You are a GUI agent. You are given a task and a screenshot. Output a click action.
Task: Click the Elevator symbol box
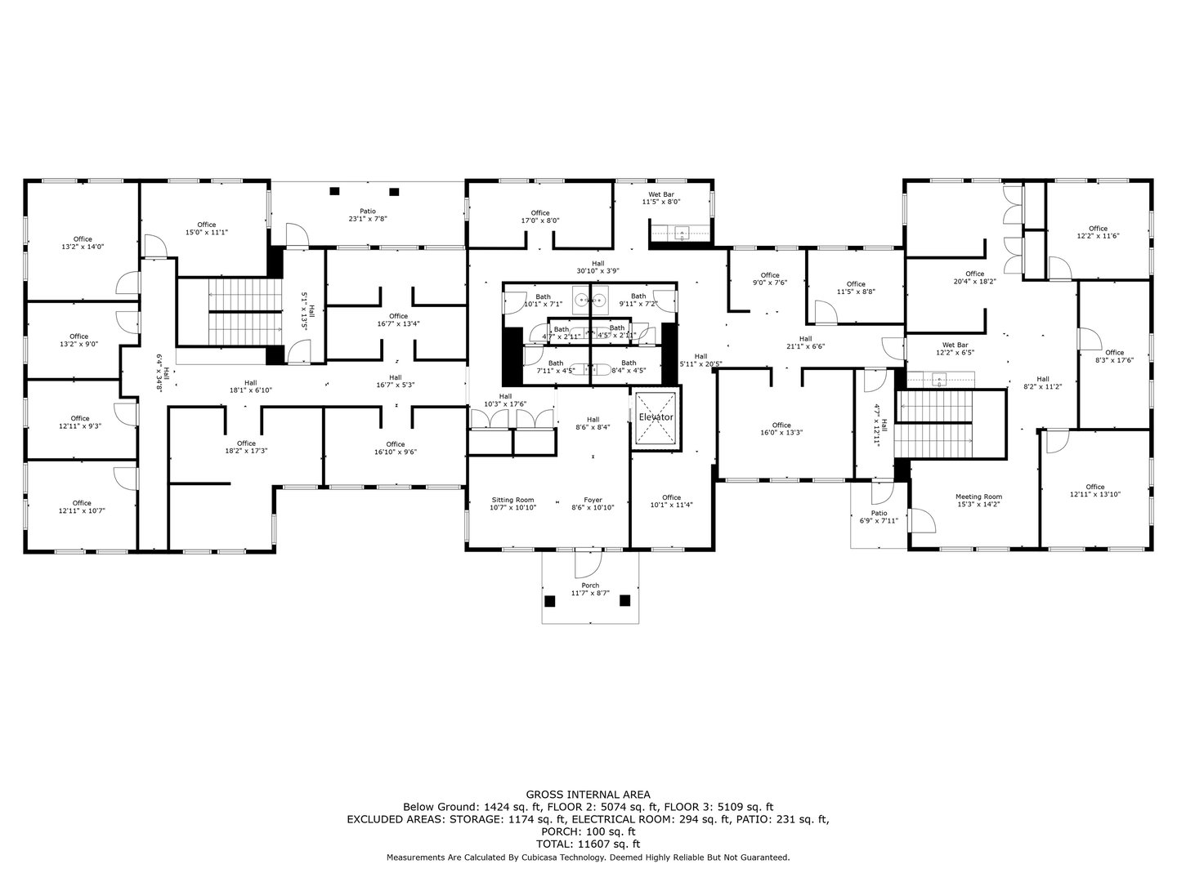pyautogui.click(x=656, y=417)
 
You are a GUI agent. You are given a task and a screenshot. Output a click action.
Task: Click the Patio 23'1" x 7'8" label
pyautogui.click(x=367, y=215)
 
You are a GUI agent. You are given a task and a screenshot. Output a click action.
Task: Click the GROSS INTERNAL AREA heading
pyautogui.click(x=588, y=794)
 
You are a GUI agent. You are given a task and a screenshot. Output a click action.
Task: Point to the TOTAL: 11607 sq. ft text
pyautogui.click(x=588, y=844)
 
